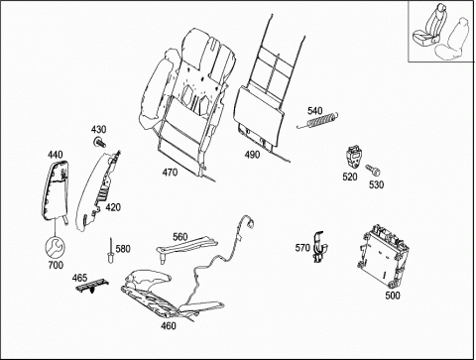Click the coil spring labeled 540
click(318, 120)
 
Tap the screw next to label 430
click(99, 143)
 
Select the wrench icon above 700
click(55, 247)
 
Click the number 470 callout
click(170, 173)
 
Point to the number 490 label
click(252, 155)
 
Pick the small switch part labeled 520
click(354, 157)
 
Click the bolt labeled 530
click(373, 171)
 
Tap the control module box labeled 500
click(385, 255)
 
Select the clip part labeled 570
click(319, 247)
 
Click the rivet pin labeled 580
click(110, 251)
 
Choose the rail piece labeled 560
click(186, 247)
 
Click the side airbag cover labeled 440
click(56, 190)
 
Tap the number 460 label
click(169, 326)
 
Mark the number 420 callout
click(113, 207)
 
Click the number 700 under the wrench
click(56, 265)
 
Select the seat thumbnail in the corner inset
click(441, 31)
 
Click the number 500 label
click(393, 296)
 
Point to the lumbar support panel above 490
click(260, 116)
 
